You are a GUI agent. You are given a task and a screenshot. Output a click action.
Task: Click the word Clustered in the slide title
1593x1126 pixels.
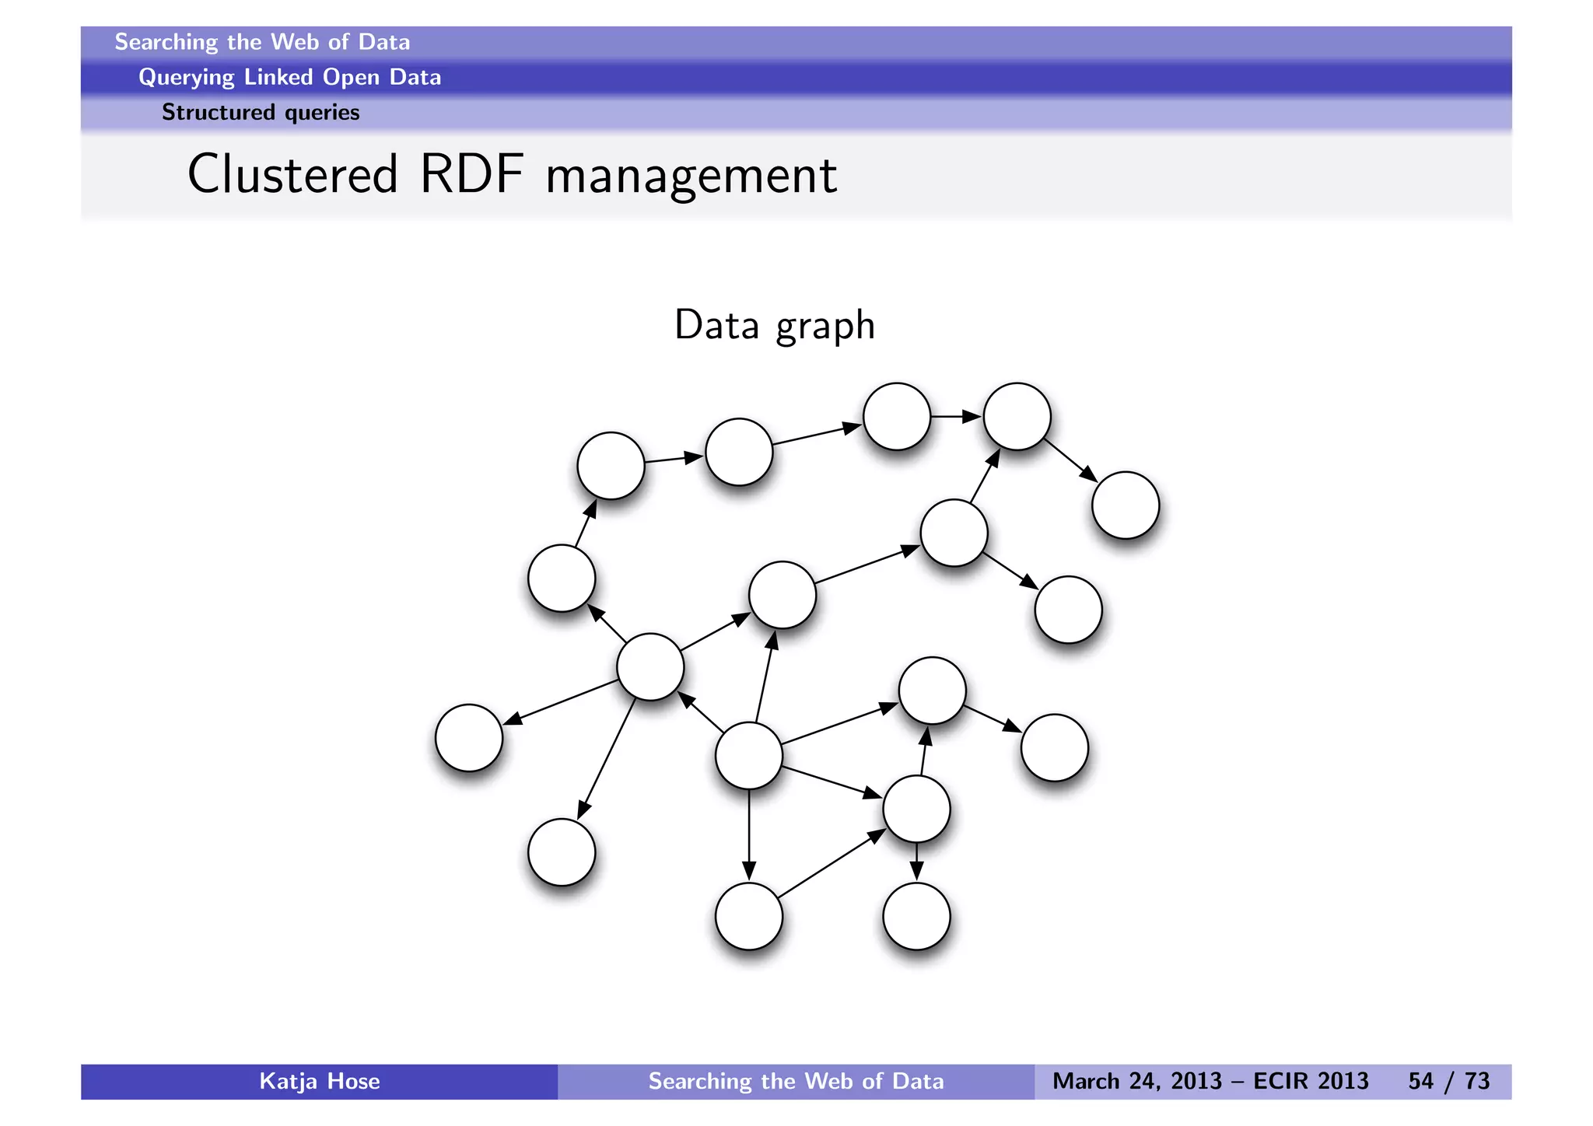292,174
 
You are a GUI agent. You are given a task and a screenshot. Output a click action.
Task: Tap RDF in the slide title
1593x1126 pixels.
471,174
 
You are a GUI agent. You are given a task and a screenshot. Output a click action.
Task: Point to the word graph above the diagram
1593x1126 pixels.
825,327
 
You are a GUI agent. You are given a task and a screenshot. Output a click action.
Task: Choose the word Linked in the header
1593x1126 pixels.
278,77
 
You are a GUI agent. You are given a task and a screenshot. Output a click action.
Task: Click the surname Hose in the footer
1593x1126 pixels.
353,1082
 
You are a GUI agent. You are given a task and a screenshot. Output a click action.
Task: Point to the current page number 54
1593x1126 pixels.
1420,1082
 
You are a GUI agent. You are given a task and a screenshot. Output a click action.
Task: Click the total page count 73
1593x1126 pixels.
1477,1082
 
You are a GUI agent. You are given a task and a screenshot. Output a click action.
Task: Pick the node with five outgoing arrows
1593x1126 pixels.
748,755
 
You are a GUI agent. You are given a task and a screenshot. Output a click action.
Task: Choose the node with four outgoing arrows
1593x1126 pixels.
650,666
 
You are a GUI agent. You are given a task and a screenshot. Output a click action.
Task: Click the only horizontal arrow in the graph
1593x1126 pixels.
957,417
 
